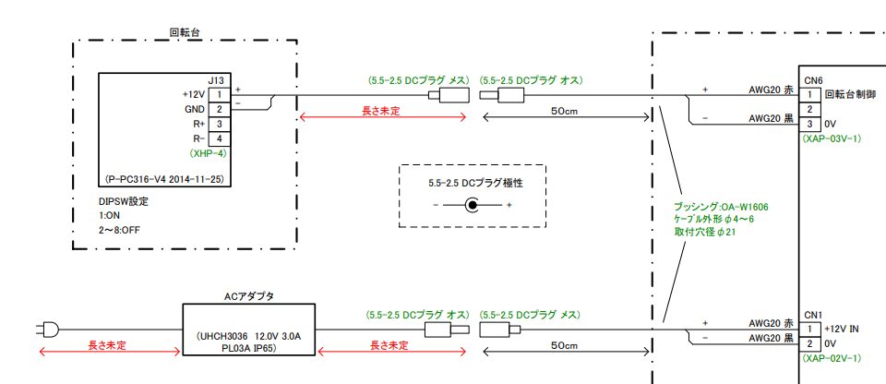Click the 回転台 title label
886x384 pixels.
click(185, 32)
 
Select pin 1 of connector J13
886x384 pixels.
click(220, 94)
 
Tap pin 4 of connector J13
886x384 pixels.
click(220, 138)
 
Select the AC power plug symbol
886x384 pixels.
click(47, 328)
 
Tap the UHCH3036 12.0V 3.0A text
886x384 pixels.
click(249, 337)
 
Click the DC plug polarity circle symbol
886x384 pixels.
click(473, 205)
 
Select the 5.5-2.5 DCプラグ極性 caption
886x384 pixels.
click(473, 182)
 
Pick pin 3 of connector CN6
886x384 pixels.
click(809, 124)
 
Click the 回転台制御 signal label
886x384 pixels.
click(849, 94)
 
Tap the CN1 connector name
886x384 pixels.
click(812, 316)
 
